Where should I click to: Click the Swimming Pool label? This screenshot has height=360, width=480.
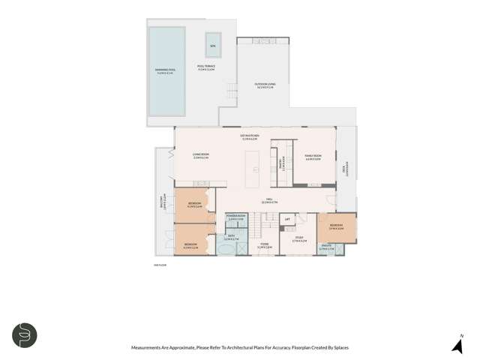[x=164, y=72]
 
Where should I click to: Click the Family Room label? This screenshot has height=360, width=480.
[x=313, y=157]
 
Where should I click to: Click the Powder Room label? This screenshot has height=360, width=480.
[x=236, y=217]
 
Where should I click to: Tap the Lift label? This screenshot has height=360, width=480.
[x=286, y=219]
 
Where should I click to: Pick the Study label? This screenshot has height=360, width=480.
[x=298, y=239]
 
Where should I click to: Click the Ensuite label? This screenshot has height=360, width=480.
[x=326, y=247]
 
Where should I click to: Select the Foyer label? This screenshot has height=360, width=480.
[x=265, y=245]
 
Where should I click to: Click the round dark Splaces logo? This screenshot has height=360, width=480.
[x=24, y=335]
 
